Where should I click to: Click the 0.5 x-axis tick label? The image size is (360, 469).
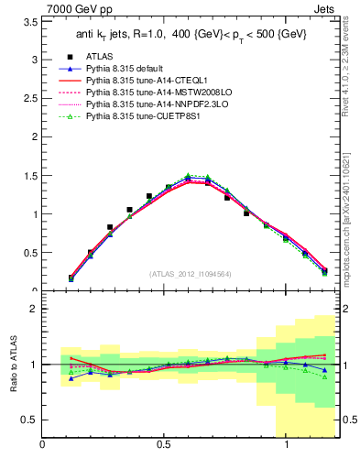tap(165, 446)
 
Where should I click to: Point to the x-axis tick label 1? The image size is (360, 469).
tap(287, 446)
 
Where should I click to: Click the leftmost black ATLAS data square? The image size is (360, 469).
tap(71, 277)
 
